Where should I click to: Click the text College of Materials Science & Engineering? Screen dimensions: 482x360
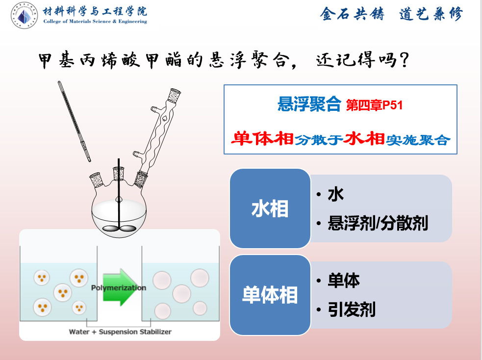tap(95, 22)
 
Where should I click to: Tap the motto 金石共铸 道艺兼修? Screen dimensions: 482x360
tap(391, 14)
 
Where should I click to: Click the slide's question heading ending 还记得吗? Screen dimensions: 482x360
tap(224, 61)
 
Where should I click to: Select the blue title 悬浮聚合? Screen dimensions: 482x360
tap(309, 104)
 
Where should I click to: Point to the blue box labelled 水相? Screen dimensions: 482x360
tap(270, 208)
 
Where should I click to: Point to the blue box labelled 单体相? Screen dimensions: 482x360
tap(270, 295)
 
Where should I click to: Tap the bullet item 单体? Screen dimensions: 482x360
tap(344, 281)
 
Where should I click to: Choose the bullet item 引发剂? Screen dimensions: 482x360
tap(352, 309)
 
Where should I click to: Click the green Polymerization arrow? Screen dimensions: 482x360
tap(120, 287)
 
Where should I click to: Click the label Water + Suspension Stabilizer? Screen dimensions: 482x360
tap(120, 332)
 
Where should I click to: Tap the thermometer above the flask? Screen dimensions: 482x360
tap(74, 121)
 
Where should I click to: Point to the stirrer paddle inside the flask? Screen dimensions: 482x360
tap(119, 227)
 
